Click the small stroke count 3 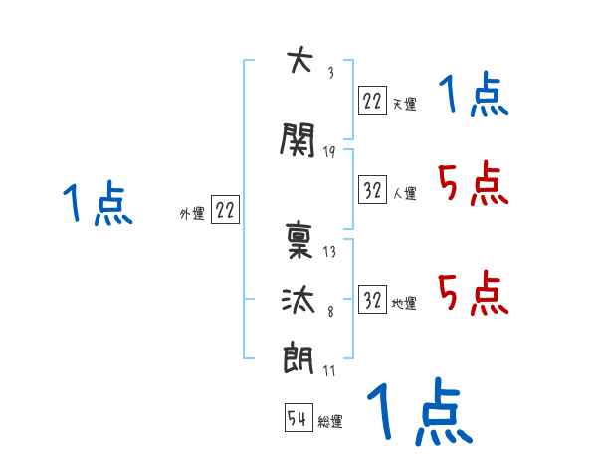329,73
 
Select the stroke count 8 329,313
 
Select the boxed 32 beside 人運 372,191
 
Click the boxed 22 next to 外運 225,210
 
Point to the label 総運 330,422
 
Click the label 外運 192,213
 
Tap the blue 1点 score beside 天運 473,97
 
